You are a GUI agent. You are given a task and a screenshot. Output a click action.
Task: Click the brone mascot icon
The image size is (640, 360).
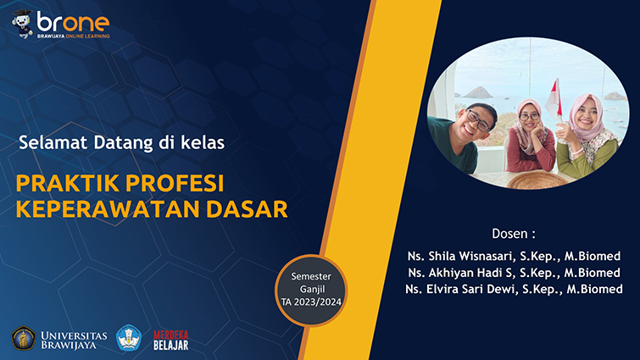(x=22, y=24)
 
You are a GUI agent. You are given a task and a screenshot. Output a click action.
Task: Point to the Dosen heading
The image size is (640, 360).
(x=514, y=234)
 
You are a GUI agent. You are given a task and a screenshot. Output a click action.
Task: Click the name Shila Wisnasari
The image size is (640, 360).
(x=470, y=256)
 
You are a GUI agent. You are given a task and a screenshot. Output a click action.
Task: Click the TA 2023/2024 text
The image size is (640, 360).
(x=311, y=302)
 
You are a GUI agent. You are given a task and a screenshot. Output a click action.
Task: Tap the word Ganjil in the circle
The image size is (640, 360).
(x=312, y=290)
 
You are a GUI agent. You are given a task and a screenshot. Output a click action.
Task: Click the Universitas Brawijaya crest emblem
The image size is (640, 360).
(x=23, y=338)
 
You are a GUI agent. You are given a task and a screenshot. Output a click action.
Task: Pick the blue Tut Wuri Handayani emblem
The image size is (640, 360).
(x=129, y=338)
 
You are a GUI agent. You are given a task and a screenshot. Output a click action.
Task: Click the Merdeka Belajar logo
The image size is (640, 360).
(x=171, y=341)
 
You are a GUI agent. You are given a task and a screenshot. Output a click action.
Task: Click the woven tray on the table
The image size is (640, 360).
(x=537, y=180)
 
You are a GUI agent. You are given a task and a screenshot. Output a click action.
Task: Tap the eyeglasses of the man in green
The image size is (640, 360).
(x=478, y=120)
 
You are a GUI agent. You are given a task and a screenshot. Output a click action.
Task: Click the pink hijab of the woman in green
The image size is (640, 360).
(x=587, y=119)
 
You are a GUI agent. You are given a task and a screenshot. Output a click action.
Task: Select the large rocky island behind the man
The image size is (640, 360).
(x=477, y=92)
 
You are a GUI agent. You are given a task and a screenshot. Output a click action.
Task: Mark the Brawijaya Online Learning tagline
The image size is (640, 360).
(x=74, y=36)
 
